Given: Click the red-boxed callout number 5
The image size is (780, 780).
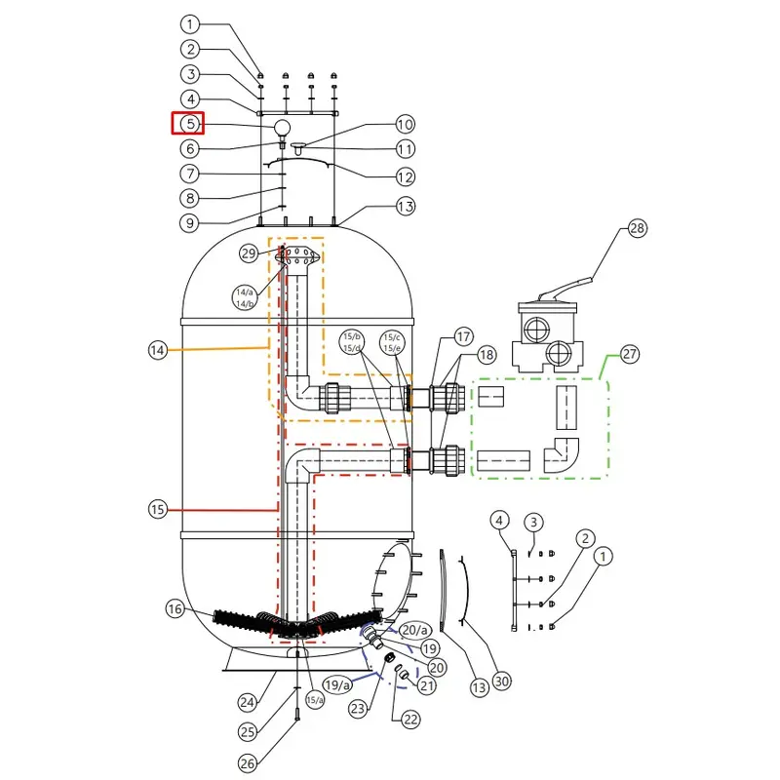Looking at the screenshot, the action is pos(189,124).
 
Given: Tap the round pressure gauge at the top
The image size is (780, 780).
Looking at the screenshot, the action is pos(282,128).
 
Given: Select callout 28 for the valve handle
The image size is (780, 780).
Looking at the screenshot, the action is pos(637,228).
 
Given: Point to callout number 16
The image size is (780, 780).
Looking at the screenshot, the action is pos(175,608).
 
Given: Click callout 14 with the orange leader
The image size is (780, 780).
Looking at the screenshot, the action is pos(158,350).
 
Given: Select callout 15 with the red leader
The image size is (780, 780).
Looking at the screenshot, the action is pos(158,509).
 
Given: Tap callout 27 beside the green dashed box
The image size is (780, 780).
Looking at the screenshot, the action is pos(629,354).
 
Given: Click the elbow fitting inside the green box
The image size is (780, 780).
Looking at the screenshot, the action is pos(562,455).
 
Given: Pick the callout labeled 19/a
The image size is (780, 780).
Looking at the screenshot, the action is pos(336,685).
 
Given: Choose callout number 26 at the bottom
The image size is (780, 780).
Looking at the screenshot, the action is pos(248,763).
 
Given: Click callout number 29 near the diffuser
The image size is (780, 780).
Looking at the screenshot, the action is pos(249,253).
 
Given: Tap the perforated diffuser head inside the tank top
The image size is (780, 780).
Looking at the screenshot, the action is pos(297,255).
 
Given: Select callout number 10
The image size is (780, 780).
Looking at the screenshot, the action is pos(405,125).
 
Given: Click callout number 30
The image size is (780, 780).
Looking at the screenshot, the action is pos(501,681).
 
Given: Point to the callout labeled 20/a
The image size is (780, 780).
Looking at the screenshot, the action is pos(415,630).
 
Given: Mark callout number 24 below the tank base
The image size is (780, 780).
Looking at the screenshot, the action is pos(248,702).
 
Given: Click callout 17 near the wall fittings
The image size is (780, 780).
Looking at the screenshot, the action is pos(463,336).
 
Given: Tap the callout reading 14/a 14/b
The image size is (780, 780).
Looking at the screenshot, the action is pos(245,297).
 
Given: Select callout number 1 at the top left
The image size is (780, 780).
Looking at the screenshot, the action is pos(189,23).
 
